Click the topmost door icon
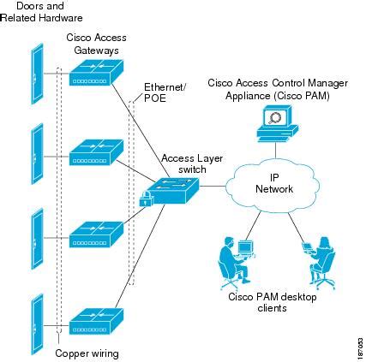click(38, 74)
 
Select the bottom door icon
click(38, 324)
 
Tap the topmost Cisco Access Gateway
click(96, 72)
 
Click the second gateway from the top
click(96, 152)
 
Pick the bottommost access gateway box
click(96, 321)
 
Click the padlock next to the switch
click(146, 199)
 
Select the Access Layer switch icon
click(173, 191)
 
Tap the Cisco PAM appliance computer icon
click(277, 123)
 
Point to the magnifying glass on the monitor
click(275, 117)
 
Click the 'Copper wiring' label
click(87, 353)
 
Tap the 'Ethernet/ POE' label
click(165, 92)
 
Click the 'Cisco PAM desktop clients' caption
click(272, 302)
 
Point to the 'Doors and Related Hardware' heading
click(42, 12)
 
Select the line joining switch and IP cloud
click(213, 187)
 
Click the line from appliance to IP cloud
click(276, 151)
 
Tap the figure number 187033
click(360, 347)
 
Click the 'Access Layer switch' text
click(192, 163)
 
